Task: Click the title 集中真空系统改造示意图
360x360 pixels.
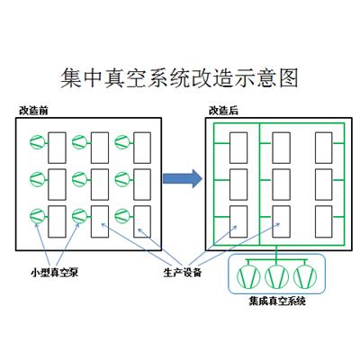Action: [179, 78]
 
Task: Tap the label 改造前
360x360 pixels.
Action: [33, 111]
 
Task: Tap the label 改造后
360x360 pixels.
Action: [223, 111]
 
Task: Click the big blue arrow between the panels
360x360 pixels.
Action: [183, 179]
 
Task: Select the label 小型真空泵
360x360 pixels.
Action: [54, 273]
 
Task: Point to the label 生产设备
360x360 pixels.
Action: [183, 273]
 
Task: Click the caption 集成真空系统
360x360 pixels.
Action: [277, 301]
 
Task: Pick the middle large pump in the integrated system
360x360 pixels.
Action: [277, 276]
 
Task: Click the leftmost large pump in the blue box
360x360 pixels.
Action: [248, 276]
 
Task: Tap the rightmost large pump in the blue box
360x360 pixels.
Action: [305, 276]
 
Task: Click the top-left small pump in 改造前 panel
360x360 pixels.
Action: [37, 142]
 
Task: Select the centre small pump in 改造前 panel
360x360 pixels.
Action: [80, 179]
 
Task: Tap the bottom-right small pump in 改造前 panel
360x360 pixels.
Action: [122, 216]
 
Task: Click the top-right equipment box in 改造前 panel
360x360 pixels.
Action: [142, 148]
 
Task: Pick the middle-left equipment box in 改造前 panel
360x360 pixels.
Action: [57, 184]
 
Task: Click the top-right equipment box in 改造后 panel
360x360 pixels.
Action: [324, 148]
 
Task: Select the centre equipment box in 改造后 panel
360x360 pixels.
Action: [281, 184]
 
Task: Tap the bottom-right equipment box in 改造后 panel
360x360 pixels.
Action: [324, 221]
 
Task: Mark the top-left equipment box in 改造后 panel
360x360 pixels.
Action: [238, 148]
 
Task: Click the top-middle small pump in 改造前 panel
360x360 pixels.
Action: [80, 142]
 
